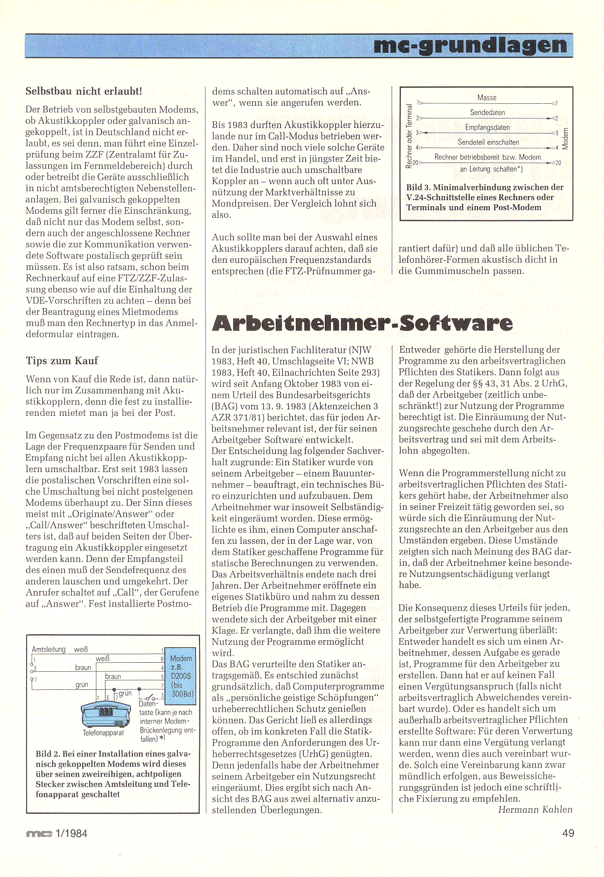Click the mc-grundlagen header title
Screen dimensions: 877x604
pyautogui.click(x=470, y=46)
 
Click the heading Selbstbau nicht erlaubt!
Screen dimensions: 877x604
pyautogui.click(x=84, y=91)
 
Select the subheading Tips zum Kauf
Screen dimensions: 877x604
pyautogui.click(x=62, y=361)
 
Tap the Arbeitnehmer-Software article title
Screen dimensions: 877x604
pyautogui.click(x=362, y=323)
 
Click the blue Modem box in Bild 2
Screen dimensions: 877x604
pyautogui.click(x=180, y=676)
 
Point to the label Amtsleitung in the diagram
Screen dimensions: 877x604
pyautogui.click(x=49, y=649)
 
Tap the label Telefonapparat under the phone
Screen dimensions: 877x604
pyautogui.click(x=103, y=733)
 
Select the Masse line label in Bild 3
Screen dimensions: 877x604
pyautogui.click(x=487, y=98)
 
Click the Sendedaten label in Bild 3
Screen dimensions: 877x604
pyautogui.click(x=487, y=113)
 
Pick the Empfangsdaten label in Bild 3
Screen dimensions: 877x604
pyautogui.click(x=487, y=127)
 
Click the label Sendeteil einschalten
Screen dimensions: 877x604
pyautogui.click(x=488, y=142)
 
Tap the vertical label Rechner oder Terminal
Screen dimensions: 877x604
pyautogui.click(x=409, y=135)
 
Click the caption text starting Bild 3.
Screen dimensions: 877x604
pyautogui.click(x=484, y=197)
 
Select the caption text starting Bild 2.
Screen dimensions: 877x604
pyautogui.click(x=112, y=774)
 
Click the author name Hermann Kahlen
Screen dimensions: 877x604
pyautogui.click(x=535, y=810)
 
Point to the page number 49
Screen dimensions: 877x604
pyautogui.click(x=568, y=833)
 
